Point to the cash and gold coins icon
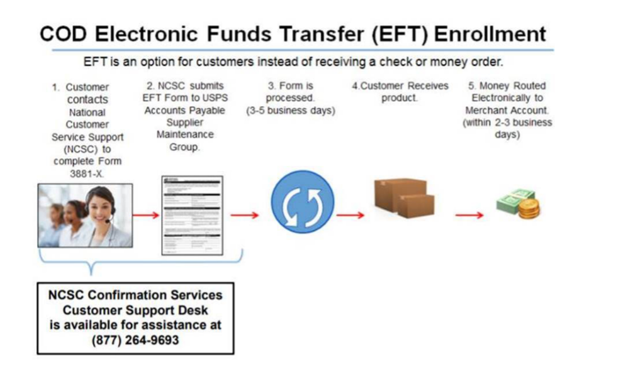[x=519, y=204]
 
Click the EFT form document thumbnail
[x=192, y=215]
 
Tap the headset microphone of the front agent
[x=109, y=220]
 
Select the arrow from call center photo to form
[x=146, y=215]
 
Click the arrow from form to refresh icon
[x=245, y=215]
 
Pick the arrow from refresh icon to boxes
[x=351, y=215]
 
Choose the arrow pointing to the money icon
[x=469, y=215]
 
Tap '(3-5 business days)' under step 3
[x=289, y=110]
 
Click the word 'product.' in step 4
[x=400, y=98]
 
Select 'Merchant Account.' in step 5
[x=507, y=110]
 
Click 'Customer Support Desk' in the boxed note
[x=135, y=310]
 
